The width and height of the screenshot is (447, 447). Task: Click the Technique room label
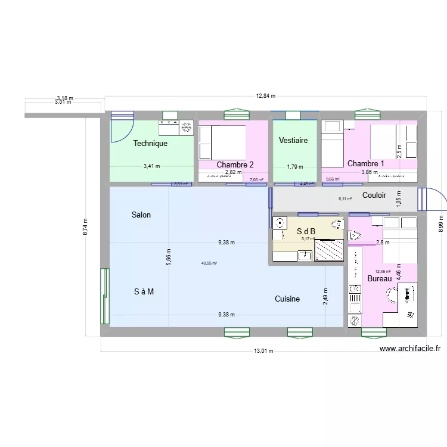click(x=150, y=144)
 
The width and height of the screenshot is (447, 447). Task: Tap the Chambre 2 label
click(x=235, y=165)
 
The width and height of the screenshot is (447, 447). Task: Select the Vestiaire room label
click(x=293, y=141)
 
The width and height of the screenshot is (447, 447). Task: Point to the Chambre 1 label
click(x=365, y=164)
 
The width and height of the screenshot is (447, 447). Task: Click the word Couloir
click(x=374, y=195)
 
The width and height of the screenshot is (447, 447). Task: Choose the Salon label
click(x=141, y=215)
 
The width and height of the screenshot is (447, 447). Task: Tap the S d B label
click(x=306, y=231)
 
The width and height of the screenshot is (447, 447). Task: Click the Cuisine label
click(x=287, y=299)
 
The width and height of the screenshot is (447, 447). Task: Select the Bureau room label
click(x=380, y=279)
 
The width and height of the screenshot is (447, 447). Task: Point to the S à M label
click(x=144, y=291)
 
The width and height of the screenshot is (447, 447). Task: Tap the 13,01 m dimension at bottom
click(x=263, y=352)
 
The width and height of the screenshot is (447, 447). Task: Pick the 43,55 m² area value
click(x=209, y=263)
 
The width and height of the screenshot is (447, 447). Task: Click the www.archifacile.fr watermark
click(x=409, y=350)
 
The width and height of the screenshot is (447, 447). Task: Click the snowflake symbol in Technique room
click(x=186, y=127)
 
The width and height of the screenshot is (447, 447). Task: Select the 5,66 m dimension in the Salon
click(x=169, y=256)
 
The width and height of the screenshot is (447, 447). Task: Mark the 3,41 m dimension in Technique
click(x=151, y=167)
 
